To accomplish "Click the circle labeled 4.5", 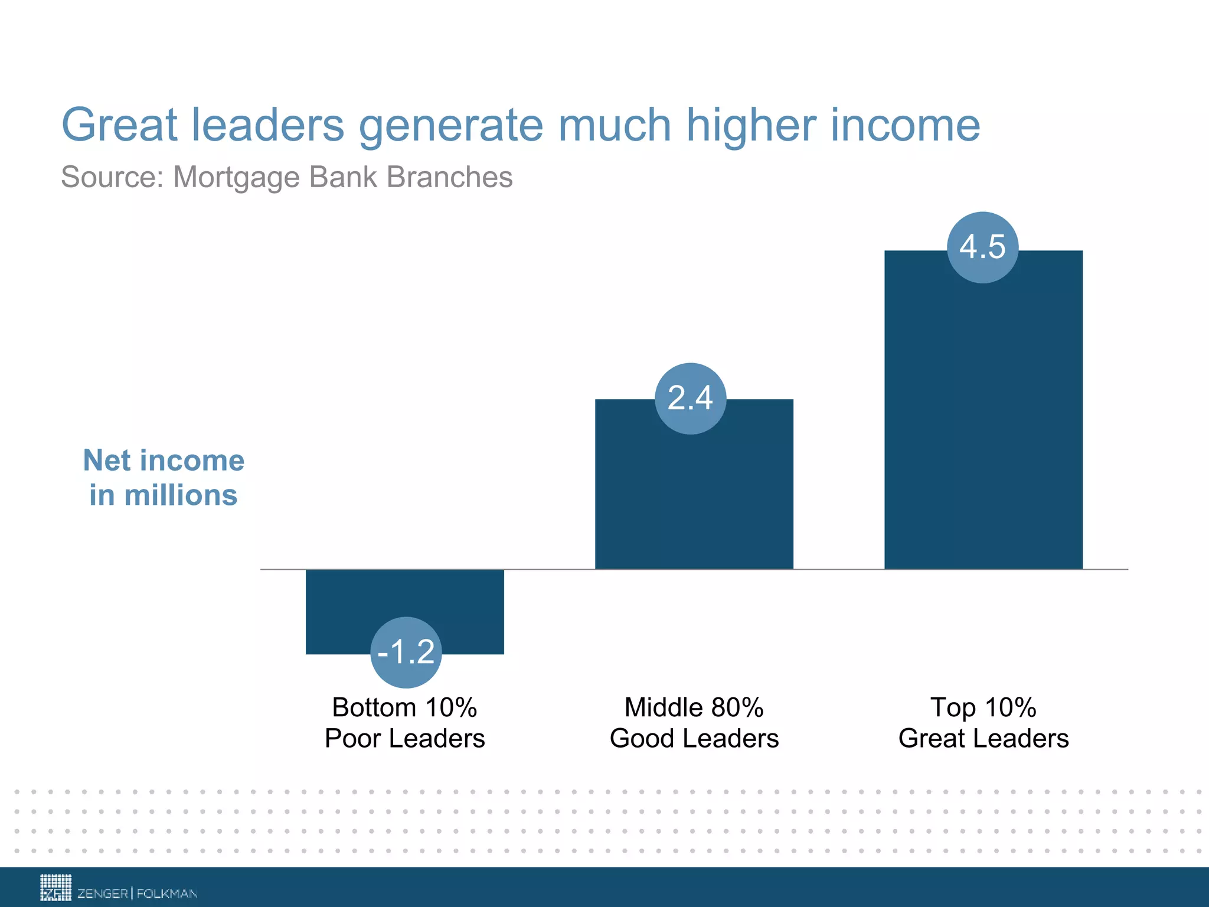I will [982, 247].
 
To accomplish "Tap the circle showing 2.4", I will [690, 398].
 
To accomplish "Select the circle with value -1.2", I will [406, 652].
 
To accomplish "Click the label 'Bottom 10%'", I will [404, 707].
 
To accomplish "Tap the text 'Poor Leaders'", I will [404, 739].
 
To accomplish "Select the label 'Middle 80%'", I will [694, 707].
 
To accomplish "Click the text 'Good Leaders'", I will [694, 739].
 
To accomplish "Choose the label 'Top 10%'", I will [983, 707].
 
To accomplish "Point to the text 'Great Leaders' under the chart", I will [983, 739].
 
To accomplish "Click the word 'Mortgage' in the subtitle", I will [237, 178].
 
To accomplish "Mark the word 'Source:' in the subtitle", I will [113, 177].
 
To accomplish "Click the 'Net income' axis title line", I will [164, 461].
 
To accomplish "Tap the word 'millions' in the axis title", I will [181, 495].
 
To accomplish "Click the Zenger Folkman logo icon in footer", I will [55, 887].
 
